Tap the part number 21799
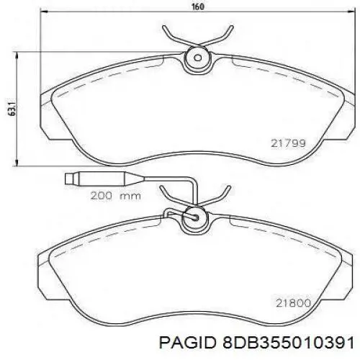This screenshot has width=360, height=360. click(288, 144)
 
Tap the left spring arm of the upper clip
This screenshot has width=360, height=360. click(173, 36)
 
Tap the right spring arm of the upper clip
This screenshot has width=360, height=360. click(219, 36)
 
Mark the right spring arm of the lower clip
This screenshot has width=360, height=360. click(219, 193)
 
